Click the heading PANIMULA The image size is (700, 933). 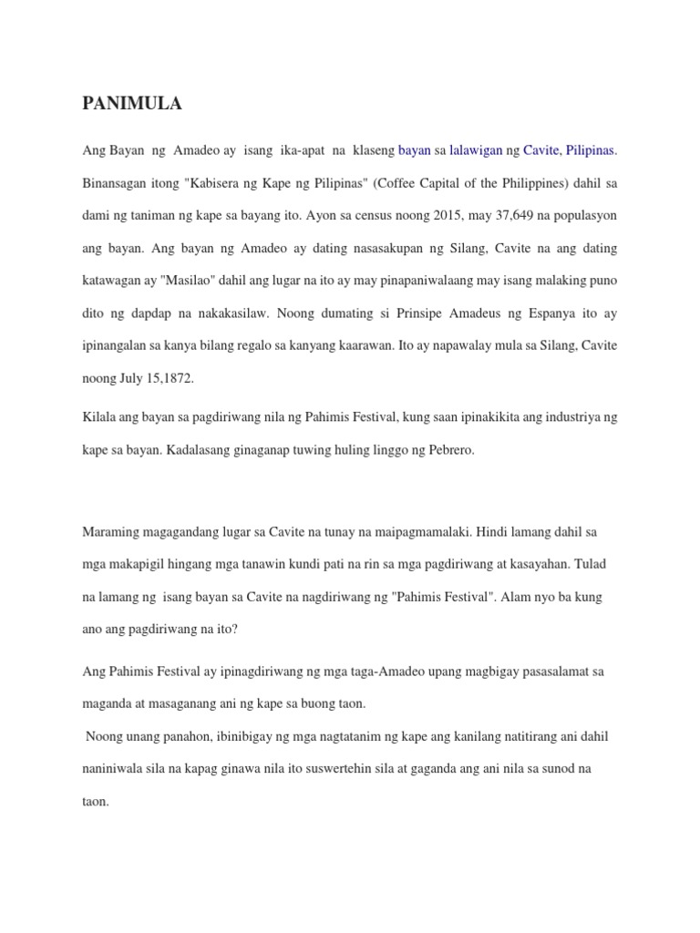(132, 104)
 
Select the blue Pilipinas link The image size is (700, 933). (592, 149)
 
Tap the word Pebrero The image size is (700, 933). (450, 450)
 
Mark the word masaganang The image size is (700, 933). (180, 703)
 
